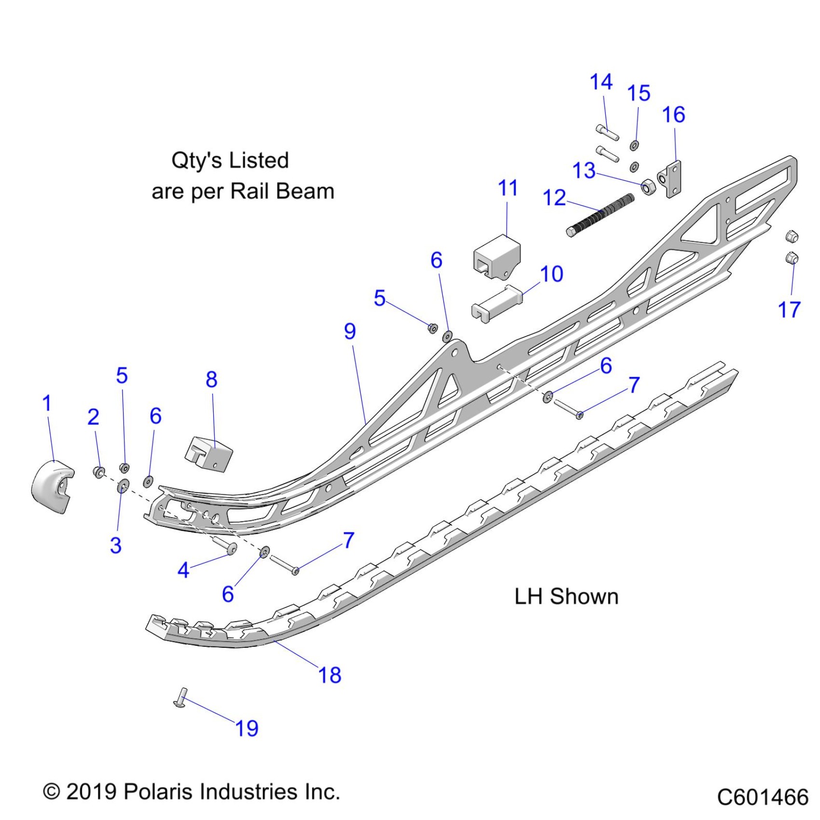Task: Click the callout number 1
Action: [47, 403]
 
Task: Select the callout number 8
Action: [211, 380]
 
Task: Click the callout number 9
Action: [350, 331]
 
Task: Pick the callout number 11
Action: [508, 188]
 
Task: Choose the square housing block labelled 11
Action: [497, 256]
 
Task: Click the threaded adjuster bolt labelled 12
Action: [601, 215]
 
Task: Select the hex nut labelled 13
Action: [648, 187]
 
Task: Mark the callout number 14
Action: [601, 82]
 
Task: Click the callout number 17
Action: [789, 310]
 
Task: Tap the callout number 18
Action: [330, 675]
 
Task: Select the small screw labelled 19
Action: [181, 698]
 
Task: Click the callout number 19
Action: [246, 728]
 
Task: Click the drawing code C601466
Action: [762, 797]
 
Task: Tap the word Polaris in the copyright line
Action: [160, 792]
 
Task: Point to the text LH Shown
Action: [566, 597]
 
